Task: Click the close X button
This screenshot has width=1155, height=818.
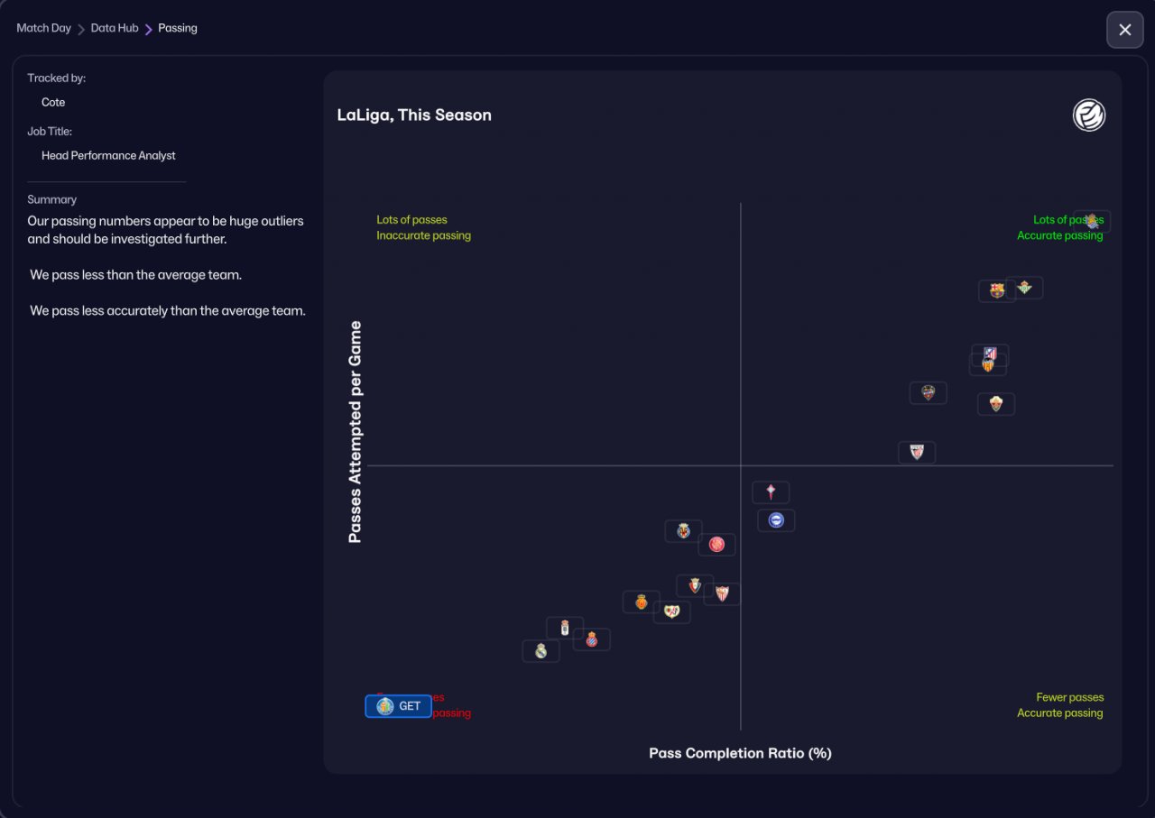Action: tap(1124, 30)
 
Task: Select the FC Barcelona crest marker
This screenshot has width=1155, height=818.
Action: tap(996, 290)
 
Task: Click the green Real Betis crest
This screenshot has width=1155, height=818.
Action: tap(1024, 288)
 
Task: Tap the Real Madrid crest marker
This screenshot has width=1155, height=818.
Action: tap(541, 651)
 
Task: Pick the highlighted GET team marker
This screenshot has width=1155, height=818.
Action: tap(398, 706)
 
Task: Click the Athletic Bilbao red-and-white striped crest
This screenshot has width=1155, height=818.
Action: tap(917, 452)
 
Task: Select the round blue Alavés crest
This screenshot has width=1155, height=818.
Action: tap(776, 520)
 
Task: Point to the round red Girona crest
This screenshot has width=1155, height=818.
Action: tap(716, 544)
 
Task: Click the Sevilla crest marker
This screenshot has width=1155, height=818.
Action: tap(722, 593)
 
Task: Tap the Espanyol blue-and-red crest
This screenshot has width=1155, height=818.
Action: tap(592, 639)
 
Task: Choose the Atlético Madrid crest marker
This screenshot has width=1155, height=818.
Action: tap(990, 354)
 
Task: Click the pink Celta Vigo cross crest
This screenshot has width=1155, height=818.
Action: tap(771, 492)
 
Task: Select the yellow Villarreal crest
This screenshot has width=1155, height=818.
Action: tap(683, 530)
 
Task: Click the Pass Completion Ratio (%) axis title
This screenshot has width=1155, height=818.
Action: tap(740, 753)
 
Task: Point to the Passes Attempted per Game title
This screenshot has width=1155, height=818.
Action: tap(355, 432)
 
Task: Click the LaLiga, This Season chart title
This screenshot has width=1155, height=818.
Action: tap(414, 115)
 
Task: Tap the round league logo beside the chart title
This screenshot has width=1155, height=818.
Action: tap(1089, 115)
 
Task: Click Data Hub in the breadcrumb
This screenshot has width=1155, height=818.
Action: tap(115, 28)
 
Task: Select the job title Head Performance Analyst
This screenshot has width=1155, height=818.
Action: tap(108, 156)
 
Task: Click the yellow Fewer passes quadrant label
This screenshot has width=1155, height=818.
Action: tap(1069, 697)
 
